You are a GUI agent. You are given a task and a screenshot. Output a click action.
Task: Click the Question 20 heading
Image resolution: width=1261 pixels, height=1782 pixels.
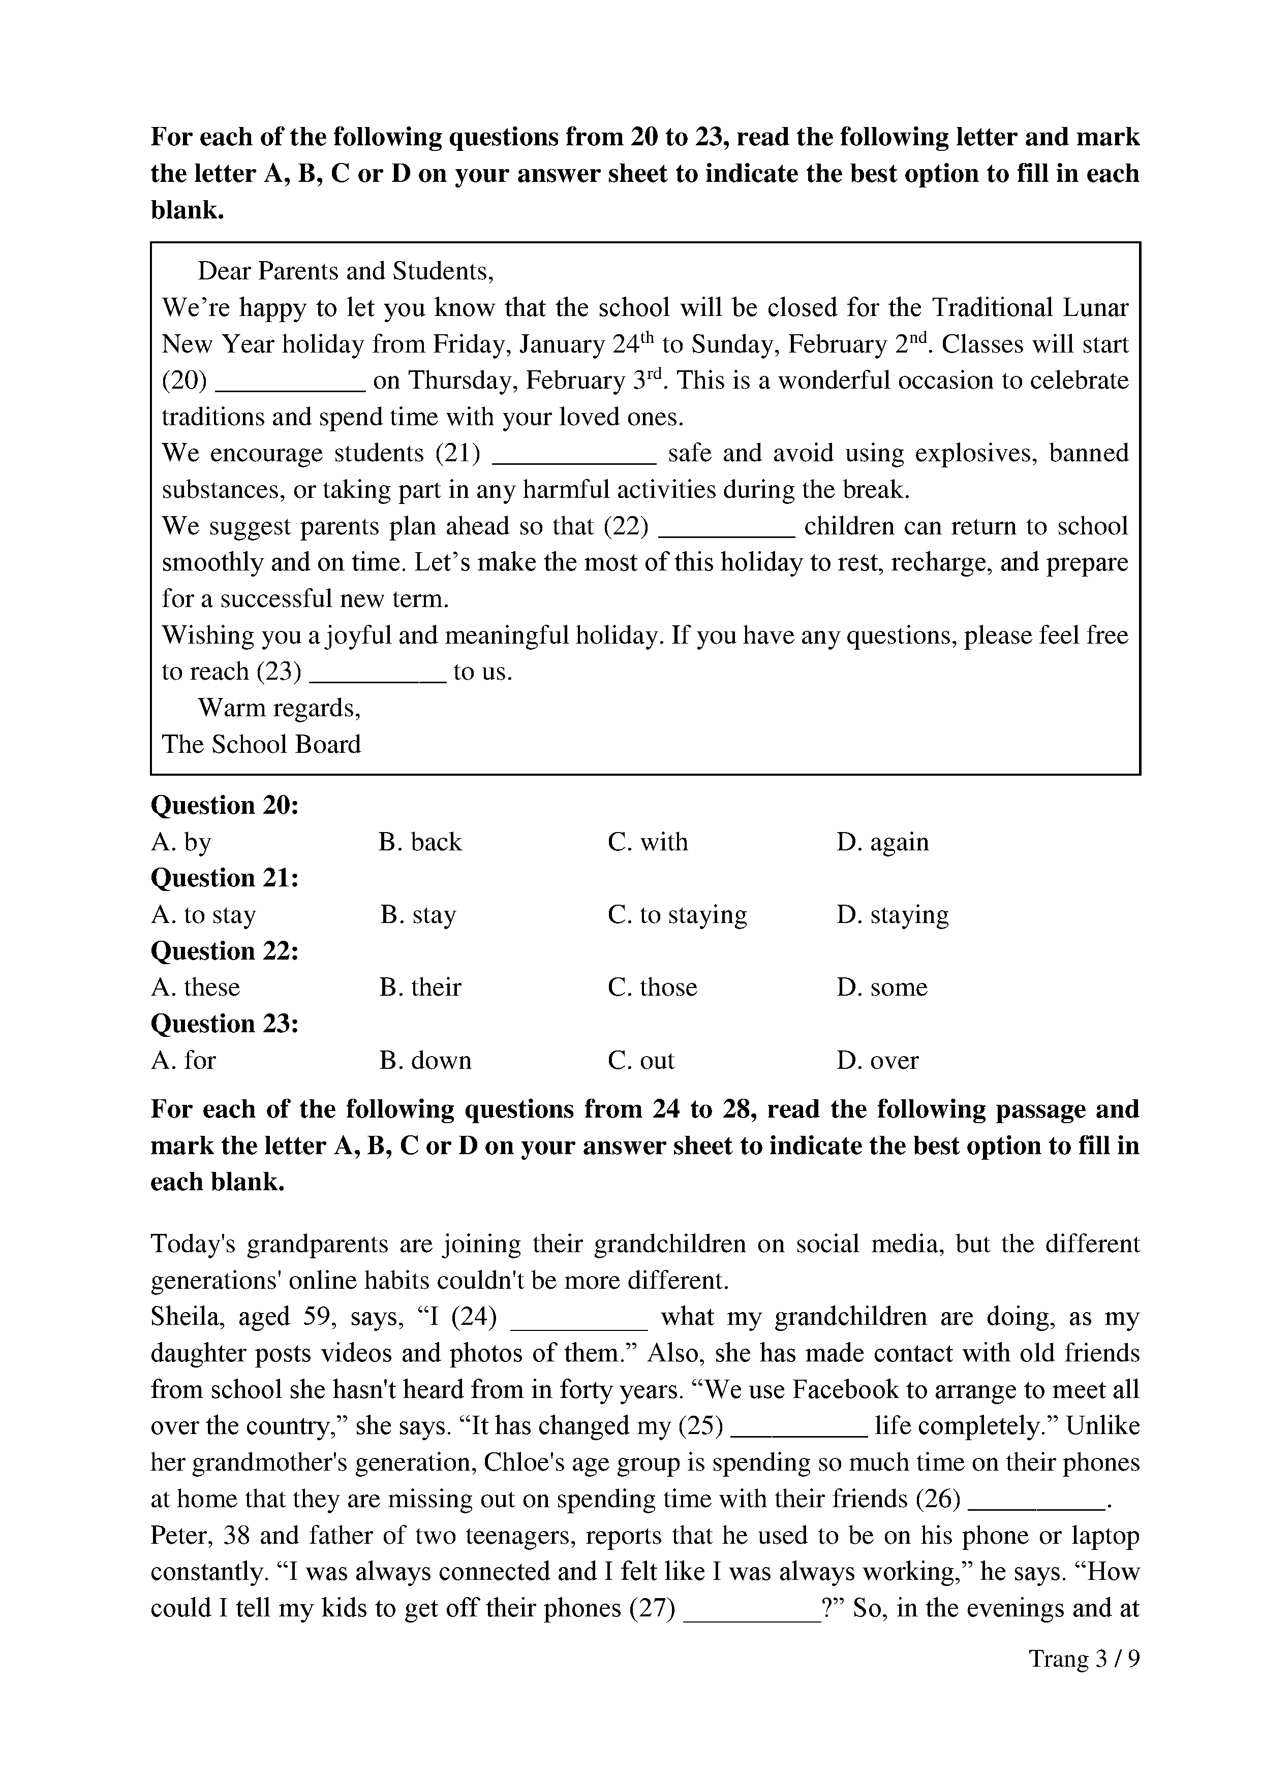pos(225,806)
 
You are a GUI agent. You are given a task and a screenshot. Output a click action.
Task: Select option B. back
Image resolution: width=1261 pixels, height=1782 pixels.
pos(420,842)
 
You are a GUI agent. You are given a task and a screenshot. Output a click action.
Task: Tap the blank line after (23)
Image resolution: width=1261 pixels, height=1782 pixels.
pos(378,677)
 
